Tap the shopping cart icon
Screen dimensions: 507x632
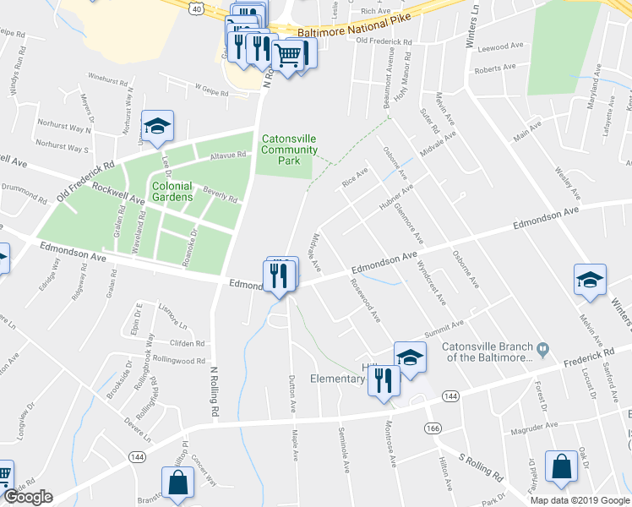(x=288, y=56)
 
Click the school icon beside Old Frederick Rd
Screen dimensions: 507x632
(x=157, y=127)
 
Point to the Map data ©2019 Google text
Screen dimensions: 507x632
(x=579, y=499)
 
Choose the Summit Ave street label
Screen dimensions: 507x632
(x=444, y=326)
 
